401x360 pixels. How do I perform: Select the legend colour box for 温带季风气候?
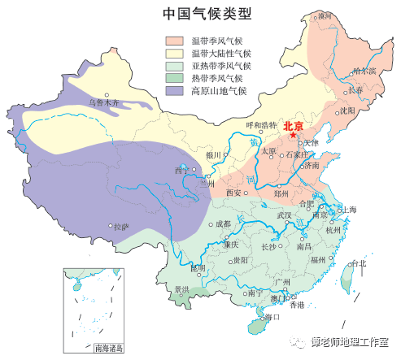[x=175, y=40]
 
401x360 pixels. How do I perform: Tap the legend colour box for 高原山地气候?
[x=175, y=91]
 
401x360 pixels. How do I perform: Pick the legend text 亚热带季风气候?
[x=221, y=66]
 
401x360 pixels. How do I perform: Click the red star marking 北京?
[x=293, y=136]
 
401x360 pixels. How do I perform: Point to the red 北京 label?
[x=294, y=125]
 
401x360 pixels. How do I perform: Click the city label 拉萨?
[x=120, y=227]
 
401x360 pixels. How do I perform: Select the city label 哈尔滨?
[x=365, y=71]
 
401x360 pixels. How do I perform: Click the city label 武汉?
[x=284, y=215]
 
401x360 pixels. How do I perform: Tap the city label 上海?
[x=348, y=210]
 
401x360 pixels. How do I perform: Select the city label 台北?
[x=357, y=263]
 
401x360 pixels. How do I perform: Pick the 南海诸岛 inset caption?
[x=108, y=348]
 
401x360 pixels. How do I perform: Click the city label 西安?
[x=233, y=193]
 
